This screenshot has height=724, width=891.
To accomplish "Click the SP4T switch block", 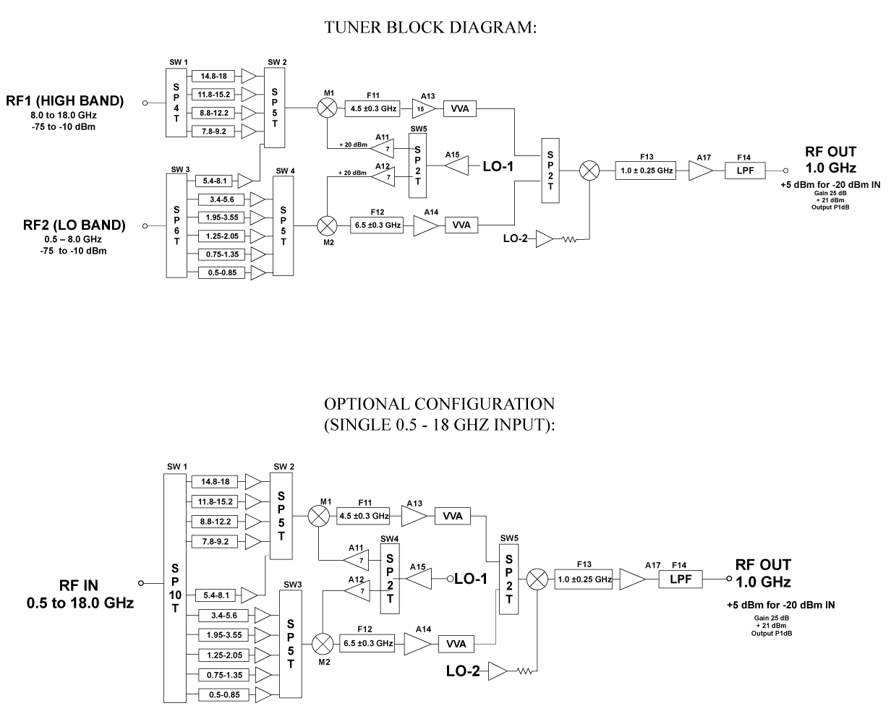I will point(176,102).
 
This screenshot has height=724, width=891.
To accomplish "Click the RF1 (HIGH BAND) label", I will point(75,101).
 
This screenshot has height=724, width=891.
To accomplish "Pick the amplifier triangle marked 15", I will point(423,108).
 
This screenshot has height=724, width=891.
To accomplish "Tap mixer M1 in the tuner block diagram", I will point(328,108).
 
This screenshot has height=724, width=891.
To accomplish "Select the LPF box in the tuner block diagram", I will point(744,171).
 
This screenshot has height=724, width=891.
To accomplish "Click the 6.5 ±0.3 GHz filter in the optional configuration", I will point(366,643).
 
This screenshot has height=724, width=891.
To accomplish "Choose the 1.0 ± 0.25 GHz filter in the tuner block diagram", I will point(647,171).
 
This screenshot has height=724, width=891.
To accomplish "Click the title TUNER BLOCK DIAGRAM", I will point(432,27).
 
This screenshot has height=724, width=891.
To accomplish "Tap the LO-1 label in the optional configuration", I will point(471,578).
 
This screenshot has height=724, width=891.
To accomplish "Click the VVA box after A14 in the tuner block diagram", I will point(461,225).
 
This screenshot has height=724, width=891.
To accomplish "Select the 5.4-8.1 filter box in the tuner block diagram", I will point(215,180).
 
